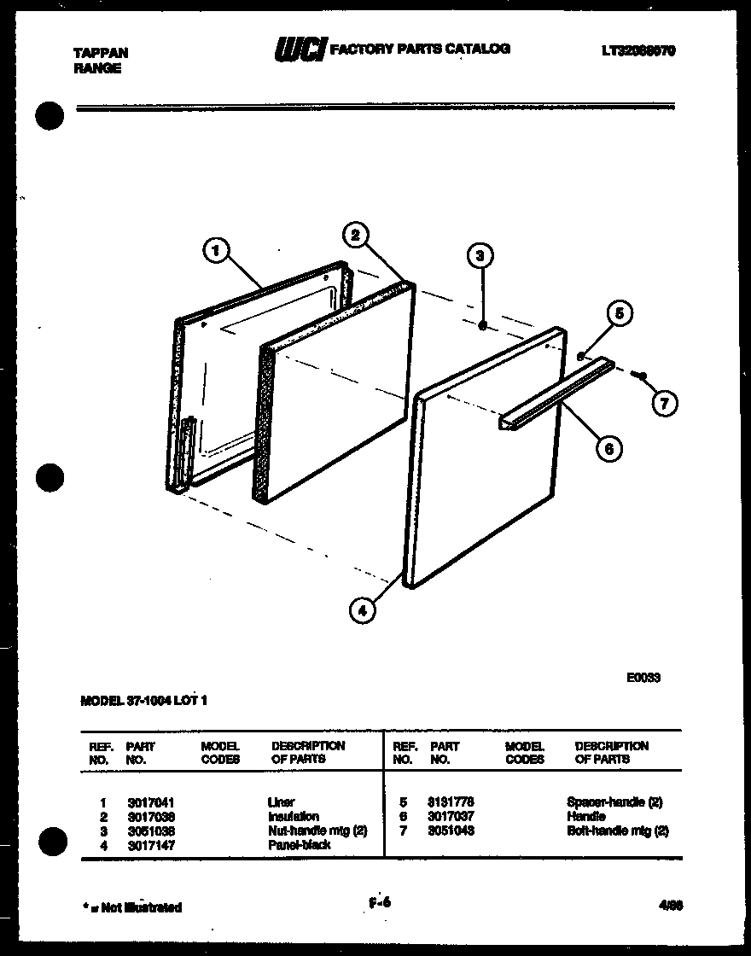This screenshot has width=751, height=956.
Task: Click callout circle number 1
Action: pyautogui.click(x=217, y=250)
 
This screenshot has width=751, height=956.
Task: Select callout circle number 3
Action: pyautogui.click(x=481, y=256)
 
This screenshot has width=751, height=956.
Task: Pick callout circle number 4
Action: pyautogui.click(x=362, y=609)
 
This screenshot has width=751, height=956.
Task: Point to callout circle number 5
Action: pyautogui.click(x=620, y=314)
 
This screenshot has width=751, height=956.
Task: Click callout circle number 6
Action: pyautogui.click(x=608, y=447)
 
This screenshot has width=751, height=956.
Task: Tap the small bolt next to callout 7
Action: pyautogui.click(x=642, y=375)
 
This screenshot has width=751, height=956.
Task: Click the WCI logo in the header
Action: pyautogui.click(x=299, y=50)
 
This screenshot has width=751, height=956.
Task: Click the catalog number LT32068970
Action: pyautogui.click(x=637, y=51)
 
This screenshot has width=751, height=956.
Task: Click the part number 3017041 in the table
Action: pyautogui.click(x=150, y=802)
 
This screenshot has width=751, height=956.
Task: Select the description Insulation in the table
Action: pyautogui.click(x=293, y=816)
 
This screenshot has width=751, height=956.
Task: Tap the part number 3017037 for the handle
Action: pyautogui.click(x=452, y=816)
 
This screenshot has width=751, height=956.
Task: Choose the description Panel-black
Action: pyautogui.click(x=299, y=844)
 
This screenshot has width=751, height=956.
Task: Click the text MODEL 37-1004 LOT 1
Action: pyautogui.click(x=143, y=701)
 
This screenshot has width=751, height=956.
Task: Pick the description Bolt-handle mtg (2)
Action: pyautogui.click(x=617, y=830)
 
